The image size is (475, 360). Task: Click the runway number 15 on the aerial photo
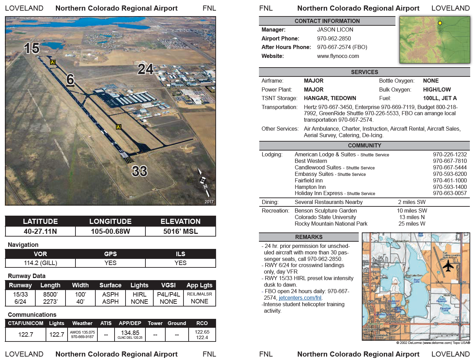point(32,48)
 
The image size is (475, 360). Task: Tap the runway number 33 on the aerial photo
point(140,171)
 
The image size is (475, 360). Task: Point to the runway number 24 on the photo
point(145,69)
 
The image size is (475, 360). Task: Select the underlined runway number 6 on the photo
point(70,80)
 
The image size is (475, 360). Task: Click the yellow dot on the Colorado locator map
point(440,23)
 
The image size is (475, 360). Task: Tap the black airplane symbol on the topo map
point(448,265)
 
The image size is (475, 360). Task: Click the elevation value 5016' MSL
point(180,231)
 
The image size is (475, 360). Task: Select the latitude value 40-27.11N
point(40,231)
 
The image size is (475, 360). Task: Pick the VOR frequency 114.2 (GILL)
point(40,263)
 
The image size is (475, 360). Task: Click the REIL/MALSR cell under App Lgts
point(199,294)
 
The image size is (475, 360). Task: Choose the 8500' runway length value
point(50,295)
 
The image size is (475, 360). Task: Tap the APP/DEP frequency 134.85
point(130,333)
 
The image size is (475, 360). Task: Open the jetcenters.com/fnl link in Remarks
point(300,298)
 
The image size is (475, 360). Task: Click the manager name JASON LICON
point(335,30)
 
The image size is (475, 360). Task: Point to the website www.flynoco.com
point(338,56)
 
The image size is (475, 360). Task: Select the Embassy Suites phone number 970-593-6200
point(450,174)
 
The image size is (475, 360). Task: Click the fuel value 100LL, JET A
point(440,98)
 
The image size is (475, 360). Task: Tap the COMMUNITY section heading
point(364,146)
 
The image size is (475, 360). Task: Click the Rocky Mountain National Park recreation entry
point(331,224)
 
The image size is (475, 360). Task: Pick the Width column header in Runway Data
point(80,285)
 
